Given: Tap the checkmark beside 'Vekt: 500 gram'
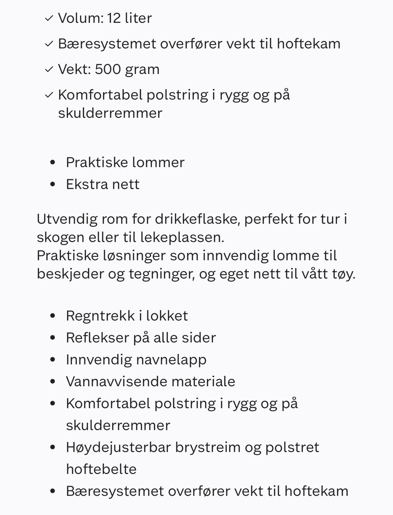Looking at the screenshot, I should pos(49,70).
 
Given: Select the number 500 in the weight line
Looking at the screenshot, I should pos(108,69).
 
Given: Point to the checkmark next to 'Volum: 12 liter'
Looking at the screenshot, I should pos(49,18).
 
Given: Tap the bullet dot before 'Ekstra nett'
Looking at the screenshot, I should pos(52,184).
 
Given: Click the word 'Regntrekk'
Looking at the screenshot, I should pos(100,316).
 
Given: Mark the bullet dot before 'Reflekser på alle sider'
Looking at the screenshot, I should pos(52,338).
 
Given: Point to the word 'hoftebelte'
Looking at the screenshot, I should pos(101,469).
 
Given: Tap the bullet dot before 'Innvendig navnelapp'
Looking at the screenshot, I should pos(52,360).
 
